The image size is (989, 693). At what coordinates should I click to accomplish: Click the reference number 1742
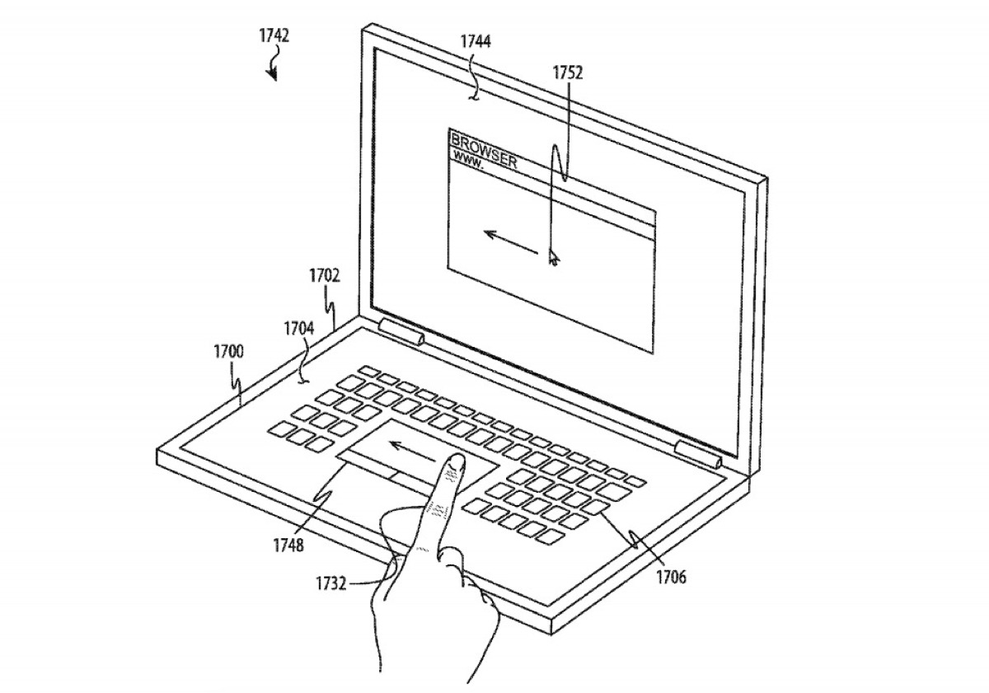click(274, 35)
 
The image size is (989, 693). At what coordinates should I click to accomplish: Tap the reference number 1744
click(476, 41)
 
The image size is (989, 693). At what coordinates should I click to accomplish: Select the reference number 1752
click(568, 73)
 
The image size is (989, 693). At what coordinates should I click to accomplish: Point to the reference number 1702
click(325, 276)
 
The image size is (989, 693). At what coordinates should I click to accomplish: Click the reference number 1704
click(299, 329)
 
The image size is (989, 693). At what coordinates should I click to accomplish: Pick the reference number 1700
click(228, 352)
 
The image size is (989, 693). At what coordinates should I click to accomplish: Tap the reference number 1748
click(288, 546)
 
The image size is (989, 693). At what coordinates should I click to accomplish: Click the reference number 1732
click(330, 584)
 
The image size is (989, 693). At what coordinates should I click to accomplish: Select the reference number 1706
click(671, 577)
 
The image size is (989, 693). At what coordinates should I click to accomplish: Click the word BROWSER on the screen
click(484, 151)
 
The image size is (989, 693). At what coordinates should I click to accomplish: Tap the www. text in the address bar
click(468, 160)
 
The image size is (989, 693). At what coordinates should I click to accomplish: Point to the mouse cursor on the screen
click(554, 257)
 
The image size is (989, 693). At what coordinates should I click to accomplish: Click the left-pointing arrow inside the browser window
click(511, 242)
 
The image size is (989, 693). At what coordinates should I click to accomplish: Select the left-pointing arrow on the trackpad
click(412, 451)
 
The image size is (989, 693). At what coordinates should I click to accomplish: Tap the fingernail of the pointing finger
click(456, 461)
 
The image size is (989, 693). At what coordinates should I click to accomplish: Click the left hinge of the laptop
click(401, 332)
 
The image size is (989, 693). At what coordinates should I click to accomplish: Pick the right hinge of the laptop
click(698, 455)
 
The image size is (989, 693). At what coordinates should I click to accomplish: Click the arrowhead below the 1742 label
click(272, 75)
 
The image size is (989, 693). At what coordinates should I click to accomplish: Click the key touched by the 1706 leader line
click(595, 507)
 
